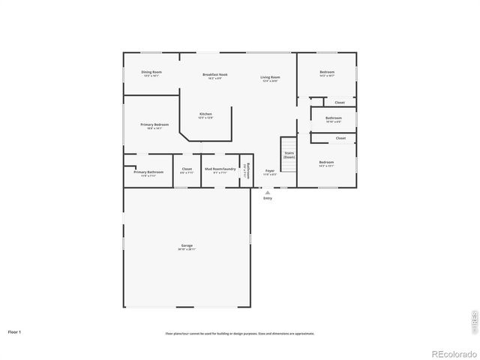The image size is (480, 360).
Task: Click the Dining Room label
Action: coord(151,73)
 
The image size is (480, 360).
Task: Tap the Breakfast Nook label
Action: coord(215,75)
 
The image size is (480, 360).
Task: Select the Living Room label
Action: coord(270,78)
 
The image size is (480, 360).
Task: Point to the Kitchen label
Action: coord(205,115)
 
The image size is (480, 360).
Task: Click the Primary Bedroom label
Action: coord(154,125)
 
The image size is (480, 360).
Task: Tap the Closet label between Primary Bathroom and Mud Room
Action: coord(187,169)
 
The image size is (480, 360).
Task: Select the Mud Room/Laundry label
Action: coord(220,169)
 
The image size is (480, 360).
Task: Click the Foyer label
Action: coord(270,172)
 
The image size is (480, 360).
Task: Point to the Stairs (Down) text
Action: coord(289,154)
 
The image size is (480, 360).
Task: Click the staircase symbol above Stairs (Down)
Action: coord(289,143)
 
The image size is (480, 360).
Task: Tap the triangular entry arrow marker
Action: coord(267,192)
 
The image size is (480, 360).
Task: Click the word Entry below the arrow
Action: coord(267,198)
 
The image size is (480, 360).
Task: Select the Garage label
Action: coord(187,247)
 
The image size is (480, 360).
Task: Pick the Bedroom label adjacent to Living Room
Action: coord(326,73)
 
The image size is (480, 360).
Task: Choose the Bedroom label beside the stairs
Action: coord(326,163)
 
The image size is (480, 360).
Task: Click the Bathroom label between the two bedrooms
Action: coord(334,118)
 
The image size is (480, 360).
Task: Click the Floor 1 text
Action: coord(14,331)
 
